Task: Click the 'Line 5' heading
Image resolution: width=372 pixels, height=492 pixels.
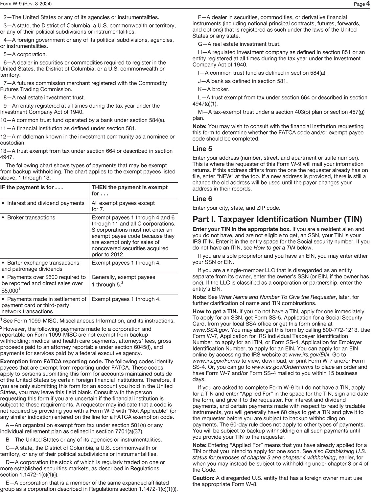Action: (202, 149)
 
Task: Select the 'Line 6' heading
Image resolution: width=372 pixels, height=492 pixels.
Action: (202, 199)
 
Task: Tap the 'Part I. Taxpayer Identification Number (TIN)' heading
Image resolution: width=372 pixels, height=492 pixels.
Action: (277, 219)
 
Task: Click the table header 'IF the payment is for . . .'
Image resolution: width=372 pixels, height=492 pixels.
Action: (32, 188)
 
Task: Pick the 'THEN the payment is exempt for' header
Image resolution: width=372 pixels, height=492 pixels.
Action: (129, 190)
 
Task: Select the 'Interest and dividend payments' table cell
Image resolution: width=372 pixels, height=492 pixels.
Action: (46, 203)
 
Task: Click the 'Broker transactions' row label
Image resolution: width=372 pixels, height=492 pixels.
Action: (31, 218)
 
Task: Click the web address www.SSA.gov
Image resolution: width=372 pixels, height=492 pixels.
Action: (211, 330)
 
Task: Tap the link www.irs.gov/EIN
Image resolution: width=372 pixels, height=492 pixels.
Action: (309, 355)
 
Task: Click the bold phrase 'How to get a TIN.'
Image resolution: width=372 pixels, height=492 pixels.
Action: (215, 311)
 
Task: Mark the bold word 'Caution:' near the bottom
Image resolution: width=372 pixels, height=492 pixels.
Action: (203, 478)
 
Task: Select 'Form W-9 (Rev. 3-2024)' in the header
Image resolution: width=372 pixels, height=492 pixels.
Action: (26, 4)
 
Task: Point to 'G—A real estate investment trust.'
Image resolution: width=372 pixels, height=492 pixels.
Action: (239, 44)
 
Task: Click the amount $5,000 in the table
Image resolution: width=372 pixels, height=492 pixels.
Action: (10, 291)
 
